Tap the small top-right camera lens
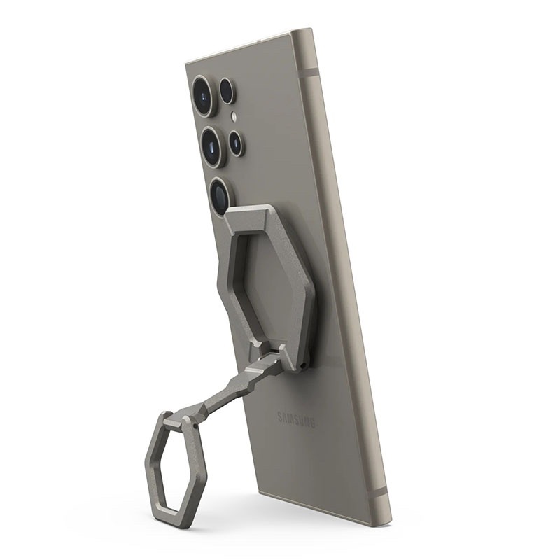[x=227, y=90]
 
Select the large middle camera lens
[x=213, y=146]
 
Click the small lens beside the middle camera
[x=236, y=143]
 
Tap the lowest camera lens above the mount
[x=220, y=196]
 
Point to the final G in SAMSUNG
[x=312, y=423]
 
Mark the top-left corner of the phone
[x=187, y=65]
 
